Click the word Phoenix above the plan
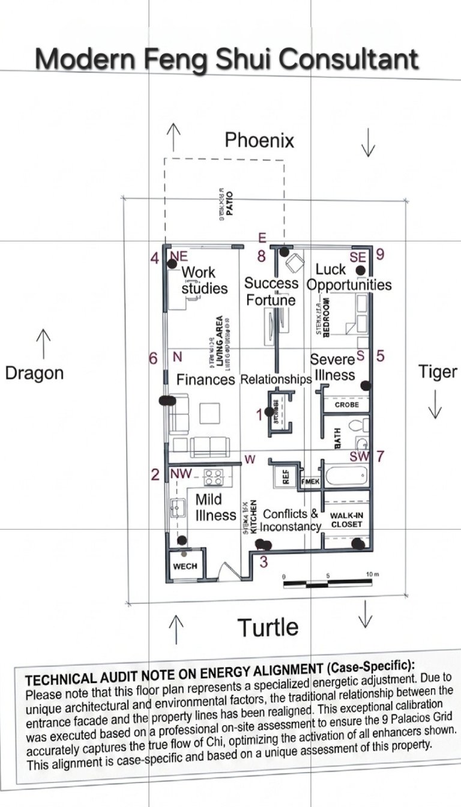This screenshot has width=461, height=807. (x=259, y=140)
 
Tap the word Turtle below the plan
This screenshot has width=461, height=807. (x=268, y=627)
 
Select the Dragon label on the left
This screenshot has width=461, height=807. (x=34, y=373)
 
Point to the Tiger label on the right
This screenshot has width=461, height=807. (x=438, y=372)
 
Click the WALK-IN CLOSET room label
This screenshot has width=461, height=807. (x=346, y=520)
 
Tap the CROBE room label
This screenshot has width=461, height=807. (x=347, y=405)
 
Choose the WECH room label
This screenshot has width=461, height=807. (x=185, y=566)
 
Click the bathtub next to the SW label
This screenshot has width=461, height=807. (x=345, y=476)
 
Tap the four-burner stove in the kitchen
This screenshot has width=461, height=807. (x=213, y=477)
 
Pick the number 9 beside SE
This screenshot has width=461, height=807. (x=380, y=254)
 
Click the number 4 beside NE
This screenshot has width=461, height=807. (x=155, y=258)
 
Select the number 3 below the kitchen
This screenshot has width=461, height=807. (x=263, y=563)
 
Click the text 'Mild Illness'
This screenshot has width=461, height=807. (x=215, y=507)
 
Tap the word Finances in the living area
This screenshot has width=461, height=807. (x=205, y=380)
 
